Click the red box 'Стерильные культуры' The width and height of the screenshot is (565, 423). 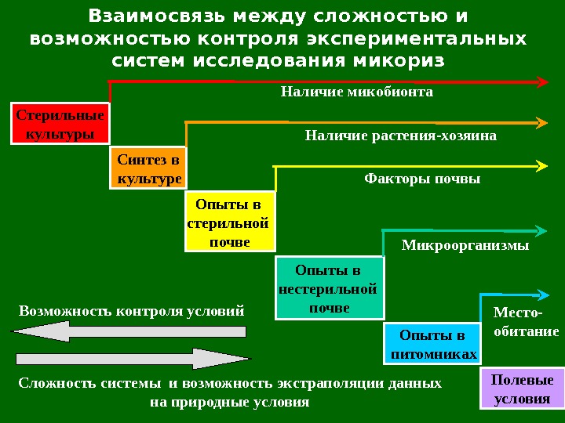[60, 124]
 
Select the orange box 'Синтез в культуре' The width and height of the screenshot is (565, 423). [148, 169]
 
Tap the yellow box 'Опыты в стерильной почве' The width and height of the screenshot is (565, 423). [230, 222]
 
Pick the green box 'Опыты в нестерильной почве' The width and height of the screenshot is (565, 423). [330, 288]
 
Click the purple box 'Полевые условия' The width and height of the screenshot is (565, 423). [521, 389]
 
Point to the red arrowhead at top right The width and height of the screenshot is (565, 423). [541, 81]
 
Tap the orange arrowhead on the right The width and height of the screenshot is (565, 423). [541, 123]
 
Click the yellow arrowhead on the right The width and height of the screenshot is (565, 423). [541, 165]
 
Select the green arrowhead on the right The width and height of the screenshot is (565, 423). [541, 230]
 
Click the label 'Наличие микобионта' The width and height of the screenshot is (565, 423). [357, 92]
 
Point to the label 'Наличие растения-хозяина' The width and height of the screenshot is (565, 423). [400, 136]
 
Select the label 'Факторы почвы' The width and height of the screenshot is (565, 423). [422, 179]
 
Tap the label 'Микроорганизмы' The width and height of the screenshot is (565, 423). [465, 245]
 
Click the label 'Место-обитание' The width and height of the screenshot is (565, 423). [525, 322]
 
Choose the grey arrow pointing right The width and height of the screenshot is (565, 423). [130, 360]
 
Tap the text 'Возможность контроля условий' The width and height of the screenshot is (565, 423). [131, 310]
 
